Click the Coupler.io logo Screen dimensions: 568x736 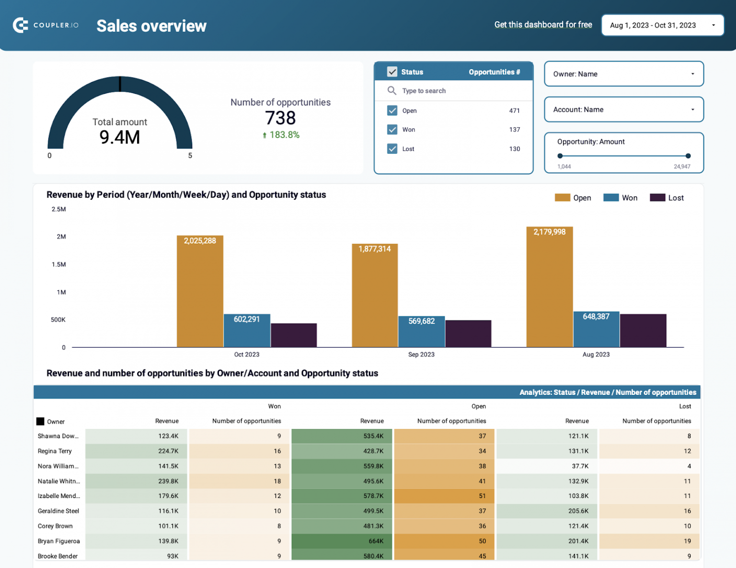tap(46, 25)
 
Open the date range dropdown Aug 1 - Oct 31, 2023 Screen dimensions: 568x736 tap(662, 25)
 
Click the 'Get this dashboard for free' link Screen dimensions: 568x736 tap(543, 24)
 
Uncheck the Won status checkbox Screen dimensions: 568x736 tap(392, 129)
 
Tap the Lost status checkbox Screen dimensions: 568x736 tap(392, 149)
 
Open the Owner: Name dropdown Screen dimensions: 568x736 tap(623, 74)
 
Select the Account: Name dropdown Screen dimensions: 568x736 tap(623, 109)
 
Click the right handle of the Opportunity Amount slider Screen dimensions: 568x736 tap(688, 156)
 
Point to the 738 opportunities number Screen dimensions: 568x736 tap(280, 118)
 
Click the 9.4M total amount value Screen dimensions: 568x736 tap(120, 138)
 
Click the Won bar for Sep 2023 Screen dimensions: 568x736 tap(421, 332)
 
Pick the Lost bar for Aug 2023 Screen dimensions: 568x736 tap(643, 331)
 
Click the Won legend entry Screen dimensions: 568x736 tap(621, 198)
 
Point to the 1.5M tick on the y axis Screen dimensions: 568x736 tap(59, 265)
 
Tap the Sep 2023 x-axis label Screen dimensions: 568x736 tap(421, 354)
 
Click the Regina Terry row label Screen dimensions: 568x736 tap(55, 451)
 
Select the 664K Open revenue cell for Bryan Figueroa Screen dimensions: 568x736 tap(342, 541)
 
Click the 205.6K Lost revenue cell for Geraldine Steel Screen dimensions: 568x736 tap(547, 511)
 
